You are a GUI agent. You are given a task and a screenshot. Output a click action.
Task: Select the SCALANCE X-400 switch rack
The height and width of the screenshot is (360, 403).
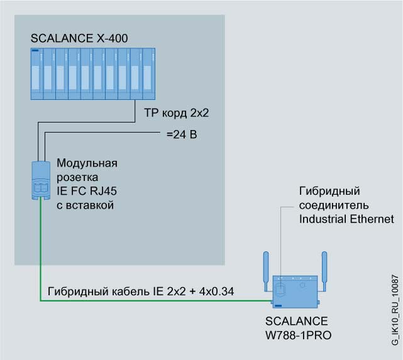92,75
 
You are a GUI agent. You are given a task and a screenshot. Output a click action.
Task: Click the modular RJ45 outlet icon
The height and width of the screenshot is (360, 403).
40,181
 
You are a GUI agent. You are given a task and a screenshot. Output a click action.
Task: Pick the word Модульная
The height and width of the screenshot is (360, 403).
87,164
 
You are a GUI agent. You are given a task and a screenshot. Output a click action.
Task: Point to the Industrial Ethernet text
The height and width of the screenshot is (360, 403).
346,219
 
